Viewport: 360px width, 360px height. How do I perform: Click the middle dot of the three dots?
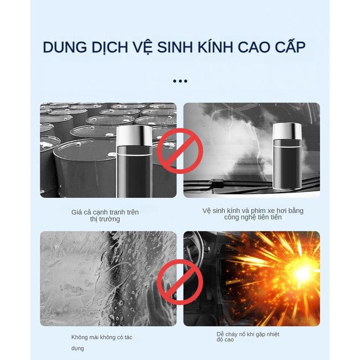pos(180,82)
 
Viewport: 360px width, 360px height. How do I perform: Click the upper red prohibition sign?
pos(180,151)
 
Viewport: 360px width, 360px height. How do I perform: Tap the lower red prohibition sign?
pos(180,282)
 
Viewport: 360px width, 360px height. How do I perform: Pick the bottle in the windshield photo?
pos(287,159)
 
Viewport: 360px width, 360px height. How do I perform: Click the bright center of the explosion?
pos(302,273)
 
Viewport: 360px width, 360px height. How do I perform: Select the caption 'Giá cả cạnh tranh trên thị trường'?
pos(105,216)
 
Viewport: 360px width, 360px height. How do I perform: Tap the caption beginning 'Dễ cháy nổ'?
pos(247,337)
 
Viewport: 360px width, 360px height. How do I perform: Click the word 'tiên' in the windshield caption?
pos(274,217)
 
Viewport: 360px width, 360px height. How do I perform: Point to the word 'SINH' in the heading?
pos(175,47)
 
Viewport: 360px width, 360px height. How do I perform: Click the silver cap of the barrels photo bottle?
pos(134,135)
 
